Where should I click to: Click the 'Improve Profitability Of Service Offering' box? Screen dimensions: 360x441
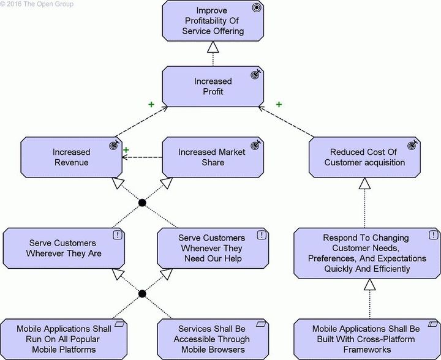(213, 20)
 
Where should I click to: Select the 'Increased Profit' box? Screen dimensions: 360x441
(213, 86)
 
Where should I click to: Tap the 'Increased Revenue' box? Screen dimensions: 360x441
(71, 157)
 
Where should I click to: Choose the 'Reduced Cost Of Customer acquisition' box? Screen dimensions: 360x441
(364, 157)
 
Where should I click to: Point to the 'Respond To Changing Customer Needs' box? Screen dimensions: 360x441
(366, 252)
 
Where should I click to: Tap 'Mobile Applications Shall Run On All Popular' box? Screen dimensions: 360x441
(64, 339)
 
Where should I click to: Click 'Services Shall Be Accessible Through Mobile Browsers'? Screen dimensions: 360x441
(211, 339)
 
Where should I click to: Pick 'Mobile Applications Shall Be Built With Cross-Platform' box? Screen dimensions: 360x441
(366, 339)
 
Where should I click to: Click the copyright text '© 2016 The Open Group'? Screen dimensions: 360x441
(37, 4)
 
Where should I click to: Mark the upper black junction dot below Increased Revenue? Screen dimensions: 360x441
(142, 203)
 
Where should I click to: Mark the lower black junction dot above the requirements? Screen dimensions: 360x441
(142, 294)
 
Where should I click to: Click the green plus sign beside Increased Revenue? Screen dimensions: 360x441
(126, 149)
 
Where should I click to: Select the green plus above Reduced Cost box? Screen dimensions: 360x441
(279, 105)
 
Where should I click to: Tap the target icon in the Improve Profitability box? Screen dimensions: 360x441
(257, 8)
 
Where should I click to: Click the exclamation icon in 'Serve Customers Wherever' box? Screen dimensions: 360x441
(116, 234)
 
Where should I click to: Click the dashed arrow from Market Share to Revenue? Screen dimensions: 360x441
(142, 157)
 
